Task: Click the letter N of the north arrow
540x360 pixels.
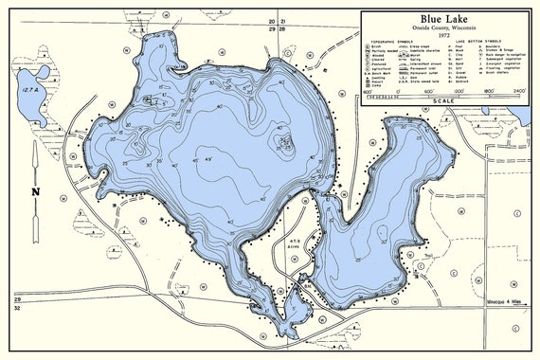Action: click(35, 191)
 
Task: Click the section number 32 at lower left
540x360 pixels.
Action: click(16, 309)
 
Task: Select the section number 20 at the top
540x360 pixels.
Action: click(271, 21)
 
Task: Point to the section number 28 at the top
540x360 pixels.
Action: click(281, 30)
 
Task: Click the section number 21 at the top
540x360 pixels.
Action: click(281, 21)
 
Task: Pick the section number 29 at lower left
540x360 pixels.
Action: click(16, 299)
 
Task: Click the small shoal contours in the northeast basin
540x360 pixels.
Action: click(283, 142)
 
